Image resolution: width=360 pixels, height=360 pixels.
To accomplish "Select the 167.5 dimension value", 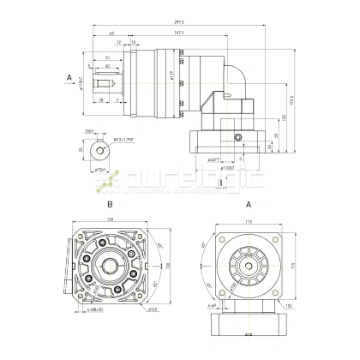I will tap(179, 33).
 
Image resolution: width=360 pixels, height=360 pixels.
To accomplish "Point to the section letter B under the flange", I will tap(220, 182).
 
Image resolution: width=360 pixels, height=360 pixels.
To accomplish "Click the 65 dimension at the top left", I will tap(112, 33).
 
